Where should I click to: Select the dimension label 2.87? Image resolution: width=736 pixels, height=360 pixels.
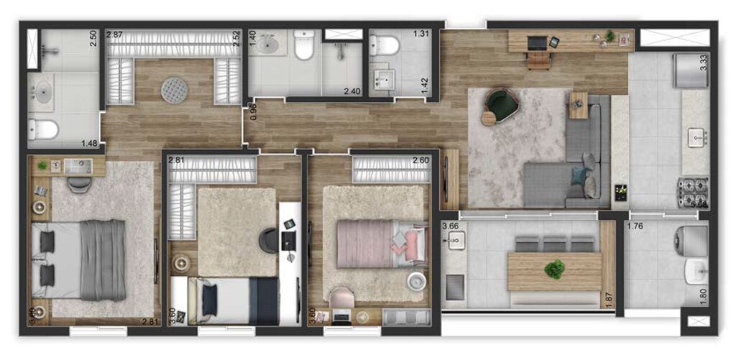[115, 34]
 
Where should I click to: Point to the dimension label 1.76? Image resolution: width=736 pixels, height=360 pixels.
[635, 227]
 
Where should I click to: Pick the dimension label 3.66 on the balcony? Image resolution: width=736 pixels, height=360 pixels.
[450, 227]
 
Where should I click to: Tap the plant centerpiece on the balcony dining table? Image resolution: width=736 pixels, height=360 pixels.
[554, 270]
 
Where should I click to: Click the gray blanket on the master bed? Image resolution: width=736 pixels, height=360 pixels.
[102, 259]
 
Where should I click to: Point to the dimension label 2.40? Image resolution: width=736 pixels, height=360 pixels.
[352, 91]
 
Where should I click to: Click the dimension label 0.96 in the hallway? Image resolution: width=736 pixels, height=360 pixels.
[253, 111]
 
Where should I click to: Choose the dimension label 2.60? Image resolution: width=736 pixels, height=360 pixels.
[422, 160]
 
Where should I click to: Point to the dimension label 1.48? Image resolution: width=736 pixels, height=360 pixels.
[90, 143]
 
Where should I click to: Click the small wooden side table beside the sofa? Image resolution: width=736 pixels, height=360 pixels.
[579, 105]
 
